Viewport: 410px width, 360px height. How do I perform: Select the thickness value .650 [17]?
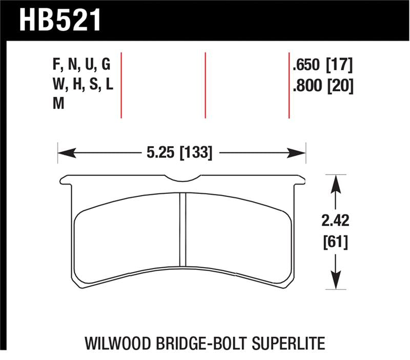(x=322, y=65)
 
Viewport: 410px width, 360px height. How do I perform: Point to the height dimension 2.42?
(x=336, y=222)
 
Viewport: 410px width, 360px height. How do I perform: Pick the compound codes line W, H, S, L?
(x=81, y=85)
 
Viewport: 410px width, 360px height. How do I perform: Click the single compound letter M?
(x=58, y=104)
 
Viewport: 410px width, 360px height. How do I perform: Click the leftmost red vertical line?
(x=121, y=85)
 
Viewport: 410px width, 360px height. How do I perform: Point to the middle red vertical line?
(x=205, y=85)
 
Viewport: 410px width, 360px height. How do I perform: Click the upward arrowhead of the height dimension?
(x=336, y=182)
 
